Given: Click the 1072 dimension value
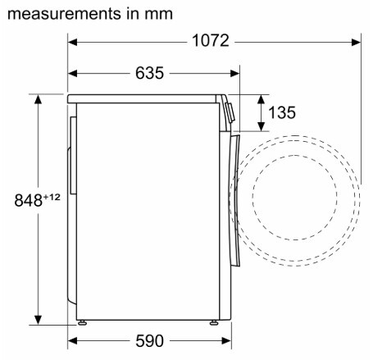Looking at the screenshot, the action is point(211,41).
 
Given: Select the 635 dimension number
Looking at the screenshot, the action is point(150,73).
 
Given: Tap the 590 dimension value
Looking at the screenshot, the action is point(150,341).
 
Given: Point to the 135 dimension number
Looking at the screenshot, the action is point(282,112).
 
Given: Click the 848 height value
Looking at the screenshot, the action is point(28,200).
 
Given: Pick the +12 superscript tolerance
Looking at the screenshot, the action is point(52,197).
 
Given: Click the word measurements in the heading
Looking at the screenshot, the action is point(64,14).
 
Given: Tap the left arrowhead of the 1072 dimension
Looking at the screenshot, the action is point(72,43).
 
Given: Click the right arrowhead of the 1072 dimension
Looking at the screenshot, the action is point(357,43).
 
